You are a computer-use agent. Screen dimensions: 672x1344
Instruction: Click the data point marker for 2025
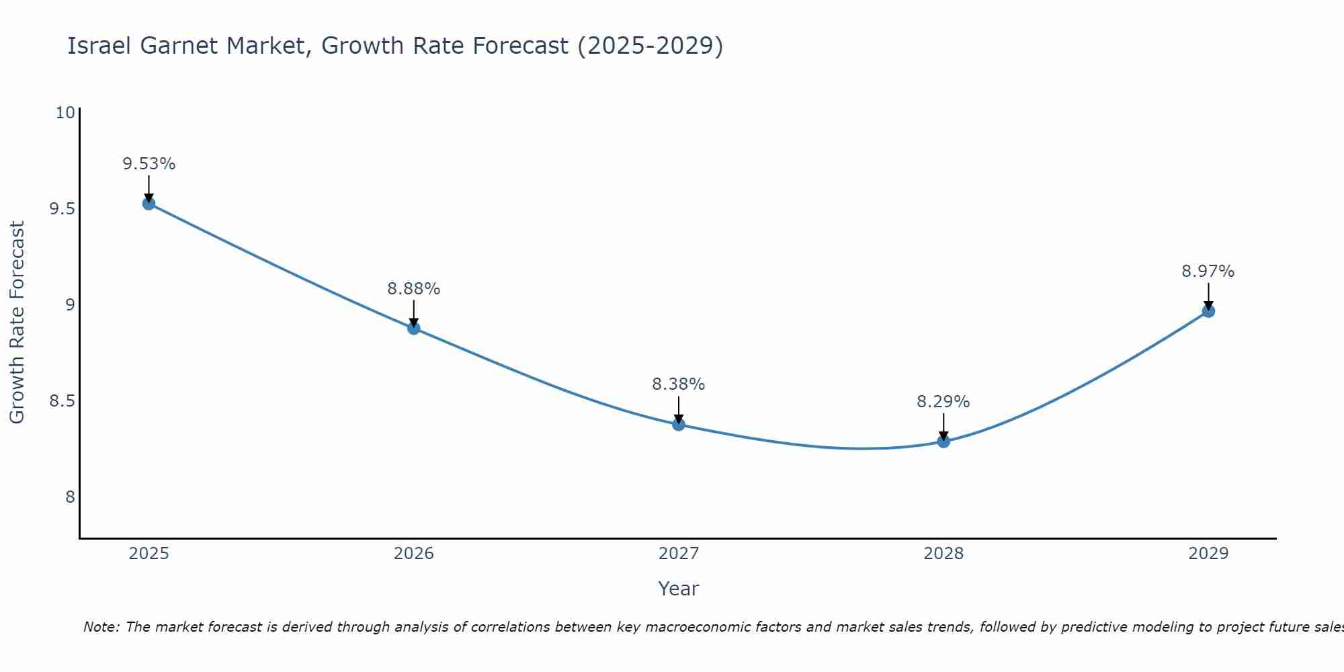(x=149, y=204)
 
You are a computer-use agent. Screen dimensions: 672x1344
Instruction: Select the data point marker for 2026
(x=414, y=328)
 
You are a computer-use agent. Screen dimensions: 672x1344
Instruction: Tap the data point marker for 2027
(x=679, y=424)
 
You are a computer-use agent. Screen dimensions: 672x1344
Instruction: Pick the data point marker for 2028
(x=943, y=442)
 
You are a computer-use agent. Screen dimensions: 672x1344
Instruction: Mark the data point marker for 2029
(x=1208, y=311)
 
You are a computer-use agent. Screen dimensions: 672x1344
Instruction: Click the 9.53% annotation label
(x=149, y=164)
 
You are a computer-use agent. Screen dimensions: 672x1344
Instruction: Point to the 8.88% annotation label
(x=414, y=289)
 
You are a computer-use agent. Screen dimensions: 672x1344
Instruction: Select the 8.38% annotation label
(x=679, y=384)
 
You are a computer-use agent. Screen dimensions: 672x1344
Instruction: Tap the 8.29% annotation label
(x=943, y=402)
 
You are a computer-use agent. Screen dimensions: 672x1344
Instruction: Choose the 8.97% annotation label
(x=1208, y=271)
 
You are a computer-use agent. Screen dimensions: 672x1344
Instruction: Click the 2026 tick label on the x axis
(x=414, y=554)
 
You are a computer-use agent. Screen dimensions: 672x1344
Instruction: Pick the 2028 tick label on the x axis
(x=943, y=554)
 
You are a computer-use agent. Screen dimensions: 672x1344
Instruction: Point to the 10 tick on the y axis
(x=65, y=112)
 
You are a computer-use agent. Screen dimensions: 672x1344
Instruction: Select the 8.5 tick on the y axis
(x=62, y=401)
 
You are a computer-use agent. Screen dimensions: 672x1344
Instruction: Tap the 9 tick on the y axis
(x=70, y=305)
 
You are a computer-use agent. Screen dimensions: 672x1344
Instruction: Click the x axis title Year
(x=679, y=589)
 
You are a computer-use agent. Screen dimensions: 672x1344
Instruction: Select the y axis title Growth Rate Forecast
(x=17, y=323)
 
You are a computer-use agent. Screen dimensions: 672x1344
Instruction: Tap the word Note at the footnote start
(x=101, y=627)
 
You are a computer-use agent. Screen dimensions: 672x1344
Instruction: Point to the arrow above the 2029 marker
(x=1208, y=296)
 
